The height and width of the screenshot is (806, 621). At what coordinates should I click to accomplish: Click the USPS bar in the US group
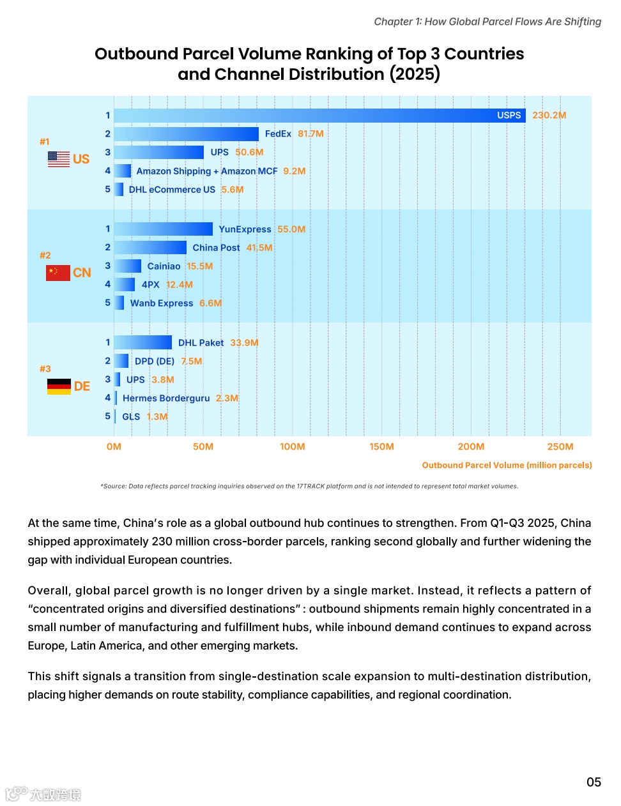319,116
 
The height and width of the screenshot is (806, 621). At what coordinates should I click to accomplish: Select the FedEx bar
187,134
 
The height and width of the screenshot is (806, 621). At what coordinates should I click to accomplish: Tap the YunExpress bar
164,229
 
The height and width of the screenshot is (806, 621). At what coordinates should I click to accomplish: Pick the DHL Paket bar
143,343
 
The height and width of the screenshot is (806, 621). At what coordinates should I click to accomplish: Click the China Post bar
151,248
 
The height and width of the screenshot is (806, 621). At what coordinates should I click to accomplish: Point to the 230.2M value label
549,116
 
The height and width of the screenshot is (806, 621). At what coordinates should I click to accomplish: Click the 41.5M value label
259,248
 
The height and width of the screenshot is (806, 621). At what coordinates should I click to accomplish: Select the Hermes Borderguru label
166,399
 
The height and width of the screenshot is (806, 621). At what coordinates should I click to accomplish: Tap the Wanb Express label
162,303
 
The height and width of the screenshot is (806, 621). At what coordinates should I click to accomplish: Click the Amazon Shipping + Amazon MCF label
207,171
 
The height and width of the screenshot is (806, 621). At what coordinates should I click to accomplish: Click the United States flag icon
59,159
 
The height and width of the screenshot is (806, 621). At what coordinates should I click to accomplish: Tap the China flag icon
58,273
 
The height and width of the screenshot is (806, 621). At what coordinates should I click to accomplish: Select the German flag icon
59,386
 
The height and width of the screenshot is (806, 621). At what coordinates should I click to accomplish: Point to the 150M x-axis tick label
381,447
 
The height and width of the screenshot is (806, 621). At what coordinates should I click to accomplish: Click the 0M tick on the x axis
114,447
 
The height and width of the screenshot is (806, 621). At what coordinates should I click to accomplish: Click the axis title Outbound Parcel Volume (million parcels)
507,466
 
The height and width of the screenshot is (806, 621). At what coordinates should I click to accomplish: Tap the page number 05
594,782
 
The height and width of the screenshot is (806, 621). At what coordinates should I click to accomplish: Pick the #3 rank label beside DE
45,369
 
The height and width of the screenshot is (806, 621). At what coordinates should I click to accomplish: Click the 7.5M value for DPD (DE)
191,361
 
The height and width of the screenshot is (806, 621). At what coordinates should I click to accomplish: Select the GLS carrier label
131,417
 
